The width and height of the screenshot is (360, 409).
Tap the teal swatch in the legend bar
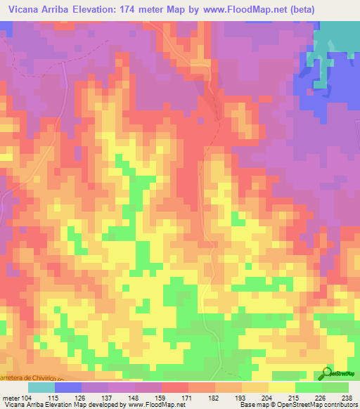coord(41,387)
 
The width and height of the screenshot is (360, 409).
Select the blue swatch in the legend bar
coord(69,387)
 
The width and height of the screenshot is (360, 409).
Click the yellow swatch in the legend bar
coord(282,387)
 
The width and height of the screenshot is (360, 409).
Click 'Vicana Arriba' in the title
coord(41,9)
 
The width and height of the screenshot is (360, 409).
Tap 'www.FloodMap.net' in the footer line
coord(150,405)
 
